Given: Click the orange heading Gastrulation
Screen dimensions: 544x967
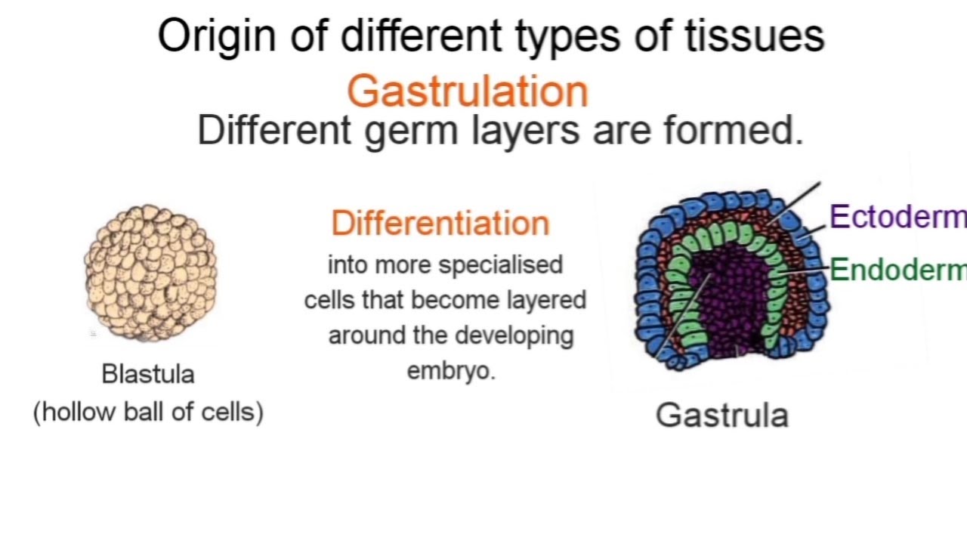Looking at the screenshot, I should click(x=467, y=92).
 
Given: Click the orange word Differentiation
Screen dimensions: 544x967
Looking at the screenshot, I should click(x=440, y=224).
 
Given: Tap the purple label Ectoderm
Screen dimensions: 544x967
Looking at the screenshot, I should click(x=897, y=217).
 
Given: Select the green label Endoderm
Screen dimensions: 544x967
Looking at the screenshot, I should click(x=897, y=270).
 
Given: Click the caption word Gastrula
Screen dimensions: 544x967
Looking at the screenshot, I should click(x=721, y=416).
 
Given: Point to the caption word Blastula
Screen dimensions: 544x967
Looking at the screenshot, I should click(x=148, y=374).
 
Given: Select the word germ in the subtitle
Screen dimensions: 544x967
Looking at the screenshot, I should click(x=400, y=131).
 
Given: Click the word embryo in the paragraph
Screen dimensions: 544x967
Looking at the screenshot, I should click(x=451, y=371).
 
